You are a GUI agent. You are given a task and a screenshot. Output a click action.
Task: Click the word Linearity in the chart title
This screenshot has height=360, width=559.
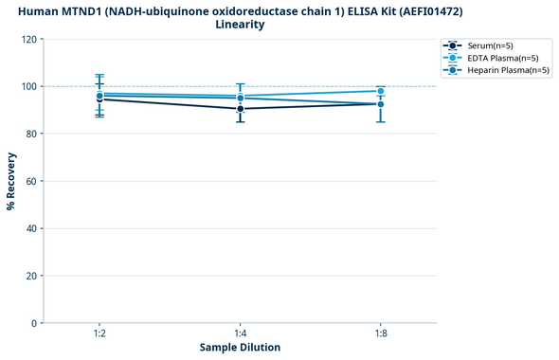(240, 25)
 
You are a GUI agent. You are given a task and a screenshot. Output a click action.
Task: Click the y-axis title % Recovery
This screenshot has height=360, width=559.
(12, 181)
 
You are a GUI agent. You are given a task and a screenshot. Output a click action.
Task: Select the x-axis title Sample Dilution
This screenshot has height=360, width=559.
(240, 348)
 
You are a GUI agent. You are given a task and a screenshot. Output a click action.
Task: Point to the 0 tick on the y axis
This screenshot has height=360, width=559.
(34, 323)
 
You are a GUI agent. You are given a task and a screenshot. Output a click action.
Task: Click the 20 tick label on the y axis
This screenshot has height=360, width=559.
(31, 276)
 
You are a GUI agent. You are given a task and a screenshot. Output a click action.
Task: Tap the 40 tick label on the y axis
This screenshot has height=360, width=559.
(31, 228)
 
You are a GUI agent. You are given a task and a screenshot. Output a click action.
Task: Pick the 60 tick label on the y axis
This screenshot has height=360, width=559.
(31, 181)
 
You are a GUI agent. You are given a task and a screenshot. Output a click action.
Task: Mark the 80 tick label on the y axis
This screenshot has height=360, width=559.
(31, 134)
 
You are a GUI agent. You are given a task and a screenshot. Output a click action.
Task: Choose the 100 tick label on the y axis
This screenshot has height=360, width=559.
(28, 86)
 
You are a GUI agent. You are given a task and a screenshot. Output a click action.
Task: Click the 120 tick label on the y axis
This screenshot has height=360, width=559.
(28, 39)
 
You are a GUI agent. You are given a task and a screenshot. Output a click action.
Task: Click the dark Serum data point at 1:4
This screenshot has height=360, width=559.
(240, 109)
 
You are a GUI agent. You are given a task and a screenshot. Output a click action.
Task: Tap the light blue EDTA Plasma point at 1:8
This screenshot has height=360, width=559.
(381, 91)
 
